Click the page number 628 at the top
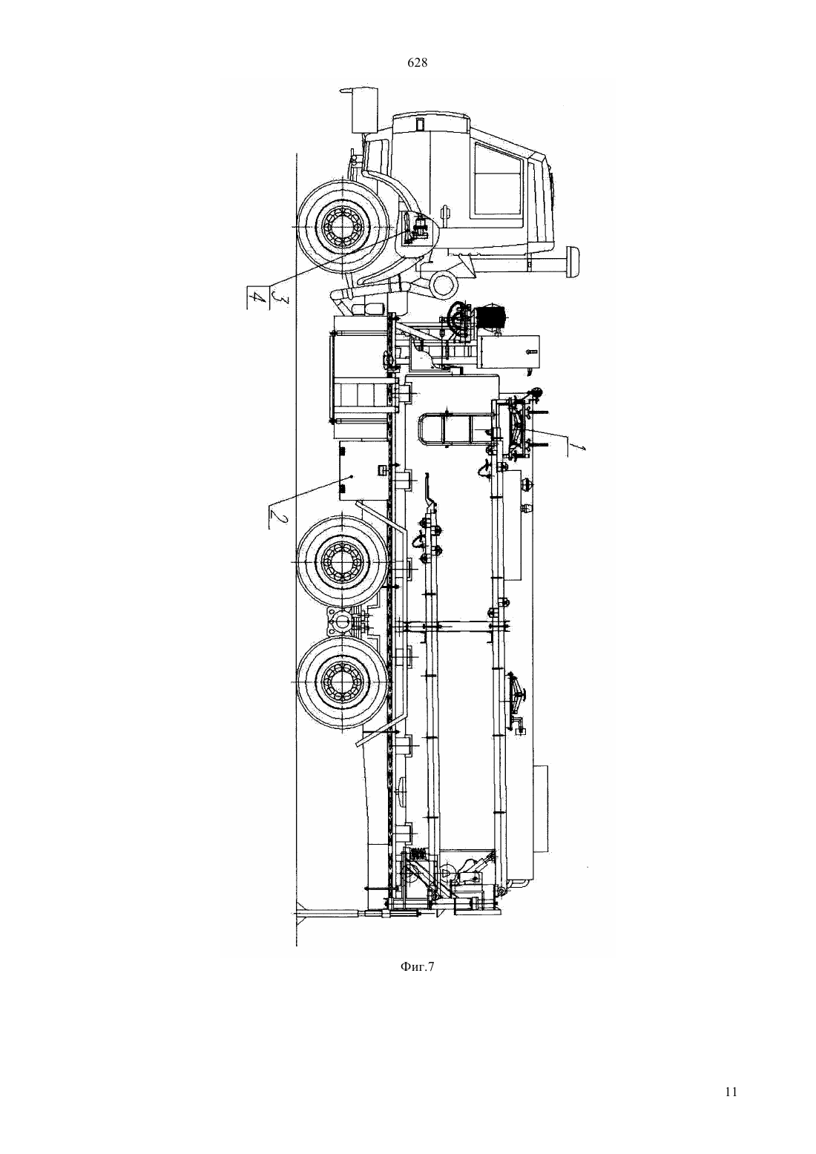[417, 63]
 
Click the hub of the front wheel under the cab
[341, 228]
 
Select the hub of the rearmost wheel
[340, 682]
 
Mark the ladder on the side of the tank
[453, 431]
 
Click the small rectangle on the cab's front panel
[419, 124]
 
